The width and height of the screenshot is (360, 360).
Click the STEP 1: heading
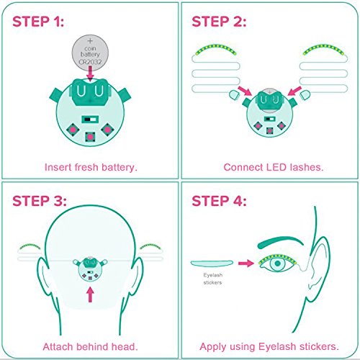click(38, 22)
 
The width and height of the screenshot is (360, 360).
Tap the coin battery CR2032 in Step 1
click(90, 53)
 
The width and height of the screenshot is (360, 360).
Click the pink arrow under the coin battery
click(90, 73)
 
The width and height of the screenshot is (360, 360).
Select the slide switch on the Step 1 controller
click(90, 119)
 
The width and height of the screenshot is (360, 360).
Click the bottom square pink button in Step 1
click(90, 137)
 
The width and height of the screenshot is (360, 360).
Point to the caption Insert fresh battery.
click(91, 167)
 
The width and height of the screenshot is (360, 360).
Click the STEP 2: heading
click(219, 22)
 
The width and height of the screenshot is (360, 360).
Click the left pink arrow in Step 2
click(245, 91)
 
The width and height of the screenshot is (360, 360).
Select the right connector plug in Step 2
click(305, 95)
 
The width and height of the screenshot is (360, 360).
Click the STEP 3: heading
click(40, 201)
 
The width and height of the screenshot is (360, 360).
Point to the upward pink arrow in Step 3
click(90, 294)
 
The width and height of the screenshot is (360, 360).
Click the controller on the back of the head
click(90, 269)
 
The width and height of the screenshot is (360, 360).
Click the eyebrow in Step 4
click(280, 242)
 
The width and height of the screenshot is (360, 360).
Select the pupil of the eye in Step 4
click(278, 264)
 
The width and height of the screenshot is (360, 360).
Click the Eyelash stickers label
click(212, 279)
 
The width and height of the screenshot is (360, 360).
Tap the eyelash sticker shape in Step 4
click(212, 264)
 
